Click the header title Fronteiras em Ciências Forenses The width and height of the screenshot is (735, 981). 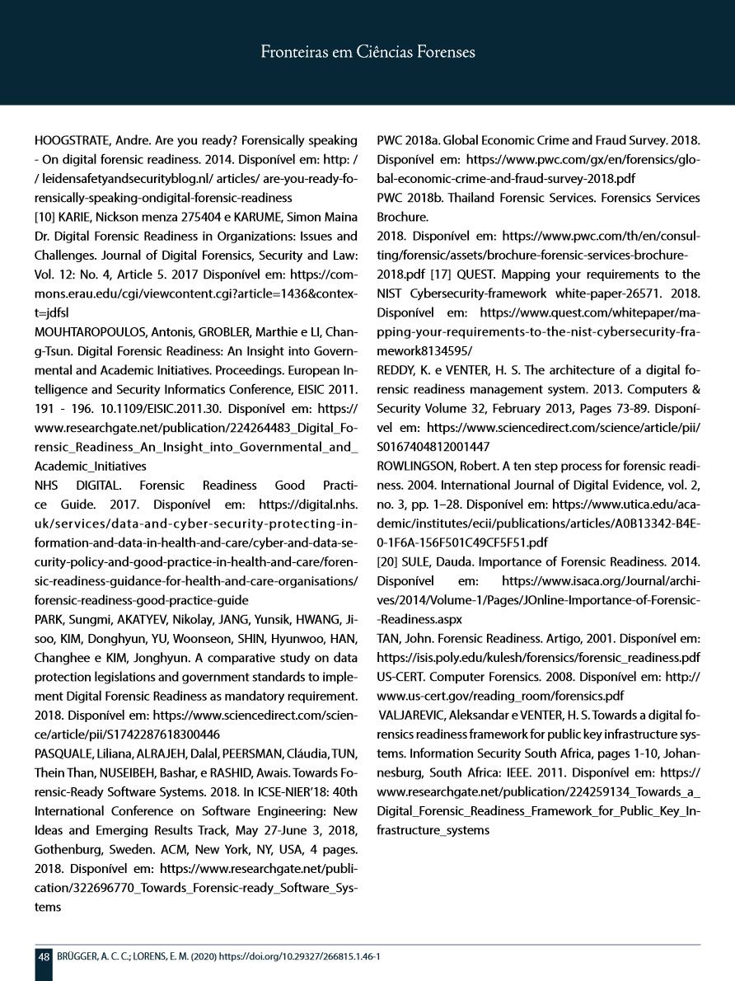[367, 53]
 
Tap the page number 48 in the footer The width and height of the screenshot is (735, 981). [43, 956]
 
